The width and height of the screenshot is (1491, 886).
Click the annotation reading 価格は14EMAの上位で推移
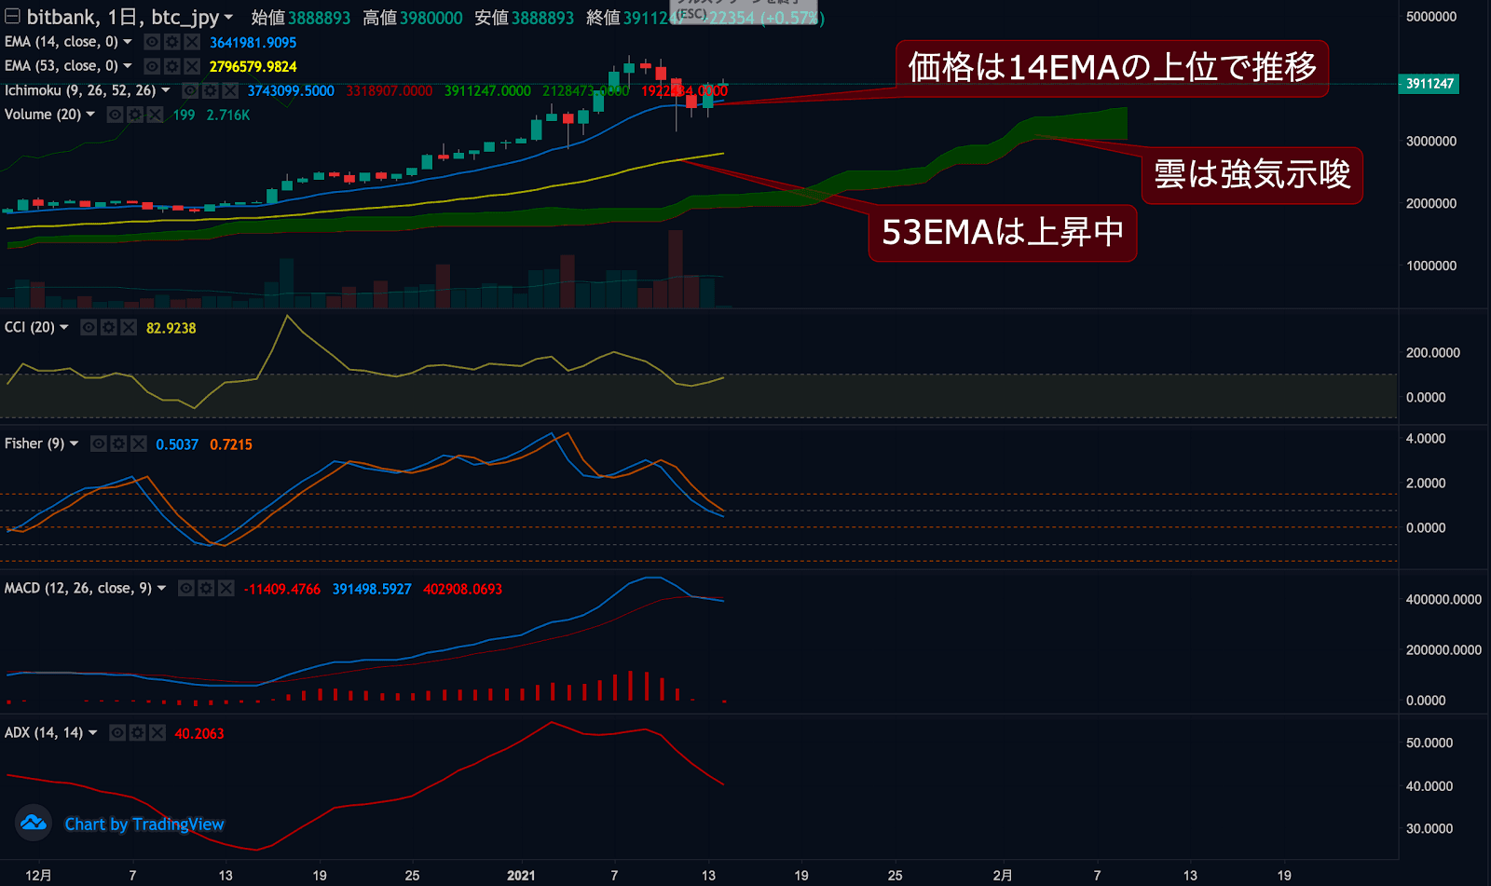1112,68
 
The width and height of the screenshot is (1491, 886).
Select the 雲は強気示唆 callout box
1252,175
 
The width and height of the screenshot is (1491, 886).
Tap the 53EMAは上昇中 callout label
1002,232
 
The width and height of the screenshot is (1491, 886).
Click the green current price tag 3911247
1429,84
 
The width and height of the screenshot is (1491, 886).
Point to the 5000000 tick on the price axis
1430,17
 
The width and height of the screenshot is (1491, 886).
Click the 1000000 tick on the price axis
1430,266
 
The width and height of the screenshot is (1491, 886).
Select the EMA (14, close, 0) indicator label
62,42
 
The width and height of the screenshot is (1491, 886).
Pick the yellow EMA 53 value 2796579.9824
253,67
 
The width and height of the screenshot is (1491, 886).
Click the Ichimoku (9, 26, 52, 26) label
80,90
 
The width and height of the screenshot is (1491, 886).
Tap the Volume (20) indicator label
43,115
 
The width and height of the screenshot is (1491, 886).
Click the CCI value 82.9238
171,328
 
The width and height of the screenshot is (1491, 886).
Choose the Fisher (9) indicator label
34,443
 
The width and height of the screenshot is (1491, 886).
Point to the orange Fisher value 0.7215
231,444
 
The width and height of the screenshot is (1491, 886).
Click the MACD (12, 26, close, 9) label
78,588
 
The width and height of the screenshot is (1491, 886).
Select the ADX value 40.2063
199,733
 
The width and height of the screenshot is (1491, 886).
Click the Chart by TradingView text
144,825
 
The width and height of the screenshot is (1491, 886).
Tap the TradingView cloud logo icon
34,823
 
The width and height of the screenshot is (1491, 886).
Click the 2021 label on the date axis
521,876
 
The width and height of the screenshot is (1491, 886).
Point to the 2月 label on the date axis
1003,876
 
